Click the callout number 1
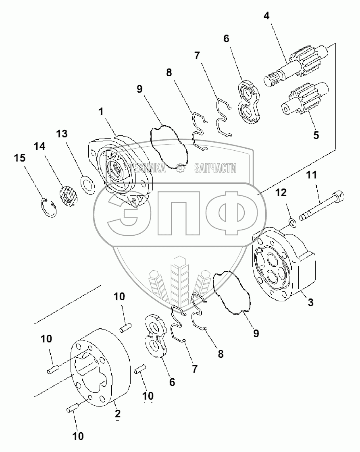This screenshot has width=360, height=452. click(x=101, y=112)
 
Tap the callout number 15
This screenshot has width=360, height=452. click(x=20, y=158)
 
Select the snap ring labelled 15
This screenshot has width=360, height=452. click(x=48, y=207)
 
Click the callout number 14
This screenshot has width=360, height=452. click(x=40, y=146)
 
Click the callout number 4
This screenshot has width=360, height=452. click(x=266, y=16)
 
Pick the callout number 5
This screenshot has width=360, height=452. click(x=316, y=135)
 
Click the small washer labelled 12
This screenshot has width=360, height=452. click(x=292, y=222)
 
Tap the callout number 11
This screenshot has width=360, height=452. click(x=311, y=175)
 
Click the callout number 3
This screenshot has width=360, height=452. click(x=310, y=303)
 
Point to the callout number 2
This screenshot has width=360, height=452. click(x=117, y=414)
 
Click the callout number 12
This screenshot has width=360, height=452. click(x=281, y=193)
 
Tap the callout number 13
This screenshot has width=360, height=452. click(x=62, y=134)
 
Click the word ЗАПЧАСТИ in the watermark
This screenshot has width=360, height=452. click(x=215, y=168)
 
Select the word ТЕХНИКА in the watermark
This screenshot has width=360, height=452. click(x=147, y=168)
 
